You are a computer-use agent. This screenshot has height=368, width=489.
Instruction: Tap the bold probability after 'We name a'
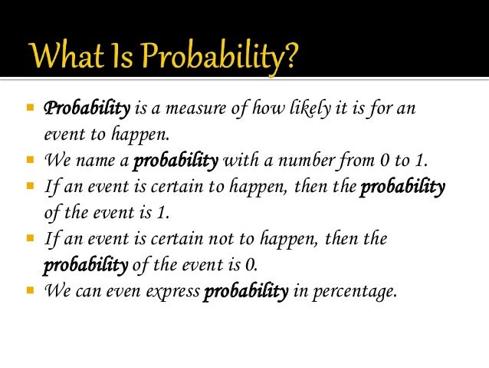pyautogui.click(x=176, y=161)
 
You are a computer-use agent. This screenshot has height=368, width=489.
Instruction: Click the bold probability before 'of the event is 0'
pyautogui.click(x=84, y=266)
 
